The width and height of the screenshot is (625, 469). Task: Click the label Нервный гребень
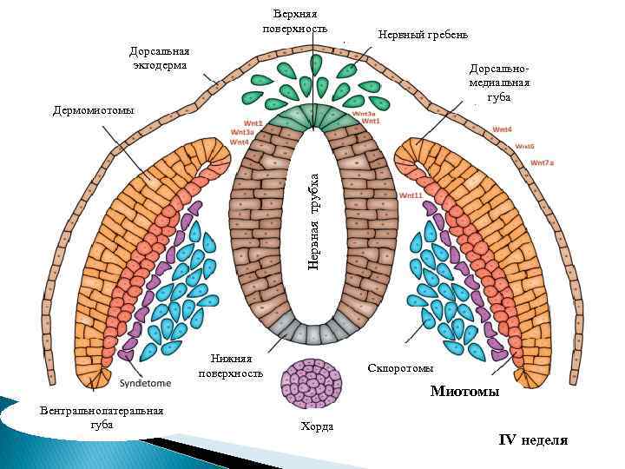point(423,35)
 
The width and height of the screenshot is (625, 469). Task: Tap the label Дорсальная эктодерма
point(160,58)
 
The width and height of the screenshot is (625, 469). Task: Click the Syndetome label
point(145,382)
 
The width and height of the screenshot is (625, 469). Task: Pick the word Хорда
point(316,426)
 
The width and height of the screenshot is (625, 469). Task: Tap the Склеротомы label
point(400,368)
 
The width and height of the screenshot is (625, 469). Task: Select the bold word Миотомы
point(464,392)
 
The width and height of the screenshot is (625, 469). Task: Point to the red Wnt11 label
point(410,196)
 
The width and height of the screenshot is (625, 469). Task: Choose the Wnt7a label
point(543,162)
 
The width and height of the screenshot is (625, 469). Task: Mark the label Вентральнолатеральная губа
point(102,417)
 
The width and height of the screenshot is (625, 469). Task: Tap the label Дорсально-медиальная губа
point(498,83)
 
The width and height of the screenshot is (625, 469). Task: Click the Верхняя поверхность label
point(294,21)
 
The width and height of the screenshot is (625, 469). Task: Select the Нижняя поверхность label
point(230,366)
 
